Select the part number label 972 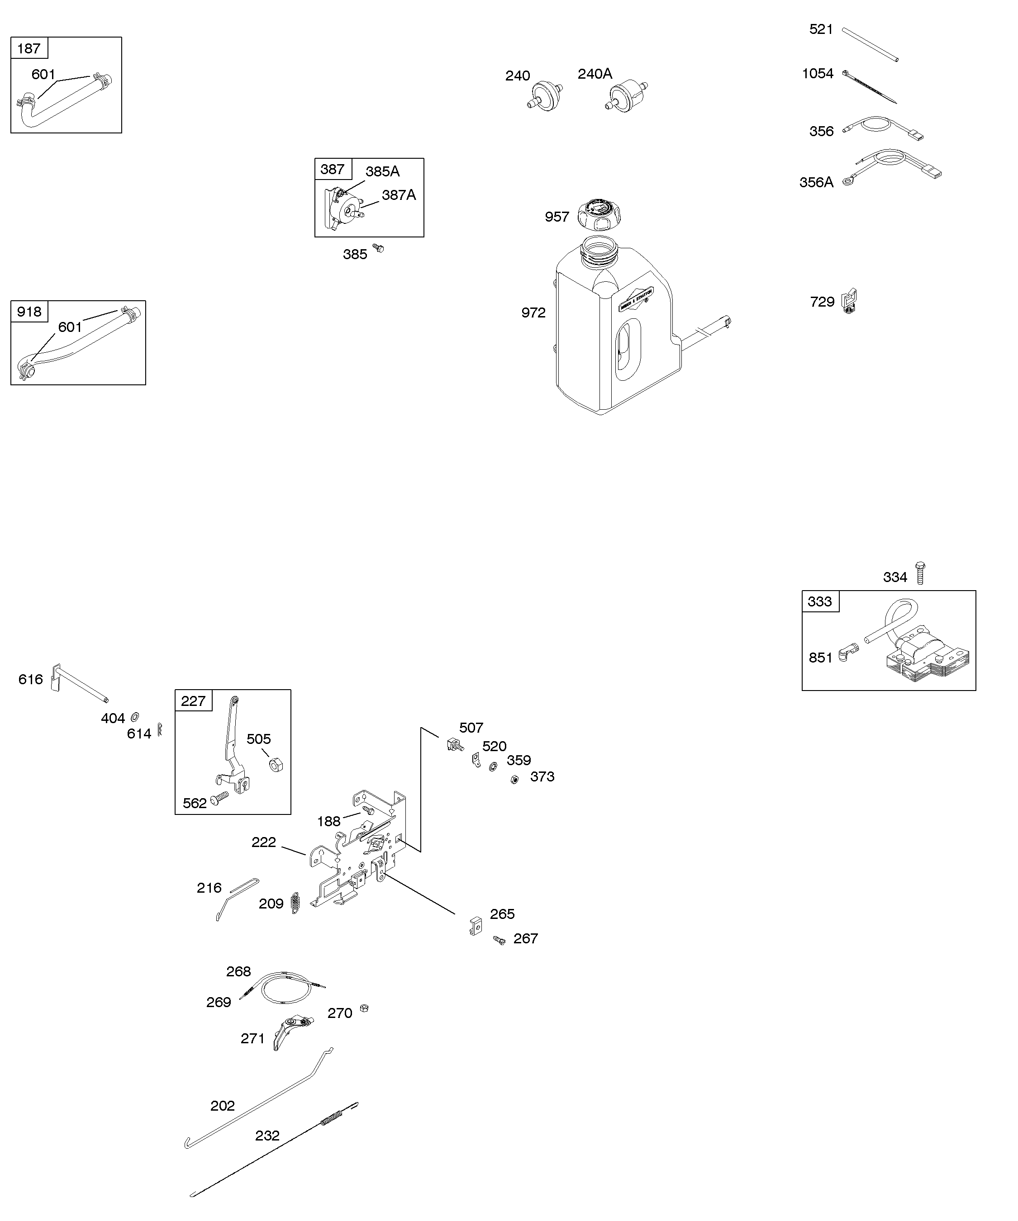(x=533, y=313)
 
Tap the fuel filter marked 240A (x=627, y=95)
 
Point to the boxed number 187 (x=29, y=48)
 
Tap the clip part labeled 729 (x=850, y=301)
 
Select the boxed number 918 (x=29, y=312)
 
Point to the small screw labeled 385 (x=379, y=248)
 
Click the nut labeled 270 (x=364, y=1008)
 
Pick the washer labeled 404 (x=135, y=716)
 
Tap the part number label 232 (x=267, y=1136)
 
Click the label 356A (x=816, y=183)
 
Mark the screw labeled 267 (x=499, y=940)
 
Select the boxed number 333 (x=820, y=601)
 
